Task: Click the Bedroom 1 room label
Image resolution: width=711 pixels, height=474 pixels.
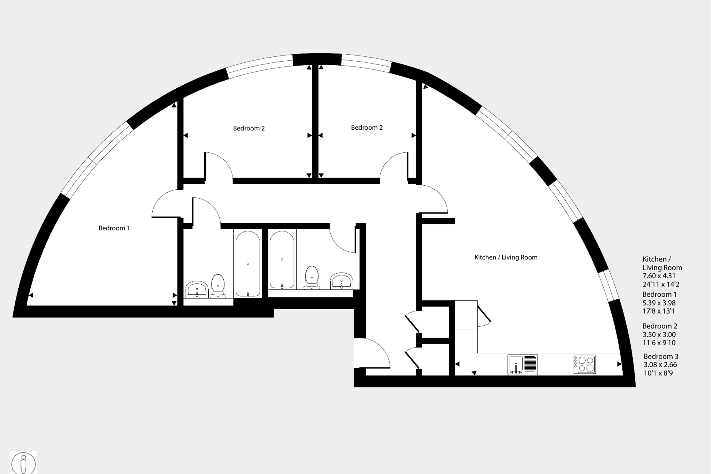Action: (114, 228)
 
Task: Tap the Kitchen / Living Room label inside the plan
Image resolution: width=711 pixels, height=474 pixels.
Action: (506, 258)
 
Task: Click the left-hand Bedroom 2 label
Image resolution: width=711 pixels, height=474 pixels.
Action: (249, 128)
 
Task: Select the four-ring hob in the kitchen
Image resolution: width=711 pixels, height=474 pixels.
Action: (585, 364)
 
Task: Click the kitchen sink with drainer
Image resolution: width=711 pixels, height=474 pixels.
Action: (522, 364)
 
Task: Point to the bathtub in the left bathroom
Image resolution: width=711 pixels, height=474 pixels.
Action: (248, 264)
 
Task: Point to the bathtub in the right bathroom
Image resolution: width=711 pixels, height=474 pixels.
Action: (282, 260)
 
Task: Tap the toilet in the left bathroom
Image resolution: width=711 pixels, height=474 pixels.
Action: (218, 286)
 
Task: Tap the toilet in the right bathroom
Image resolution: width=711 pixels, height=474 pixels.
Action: (312, 277)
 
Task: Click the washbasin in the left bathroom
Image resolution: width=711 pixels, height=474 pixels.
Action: (197, 289)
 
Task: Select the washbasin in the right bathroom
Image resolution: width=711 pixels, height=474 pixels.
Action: (341, 281)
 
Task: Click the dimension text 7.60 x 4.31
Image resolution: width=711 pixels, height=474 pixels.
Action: (659, 276)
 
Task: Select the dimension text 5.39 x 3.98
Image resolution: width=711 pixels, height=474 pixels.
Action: (659, 303)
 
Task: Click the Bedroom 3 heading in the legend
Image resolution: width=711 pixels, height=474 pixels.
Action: (661, 356)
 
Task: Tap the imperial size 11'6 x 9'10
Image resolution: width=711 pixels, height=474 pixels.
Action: (659, 343)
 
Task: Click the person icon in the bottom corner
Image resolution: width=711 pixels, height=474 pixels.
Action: (23, 463)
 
